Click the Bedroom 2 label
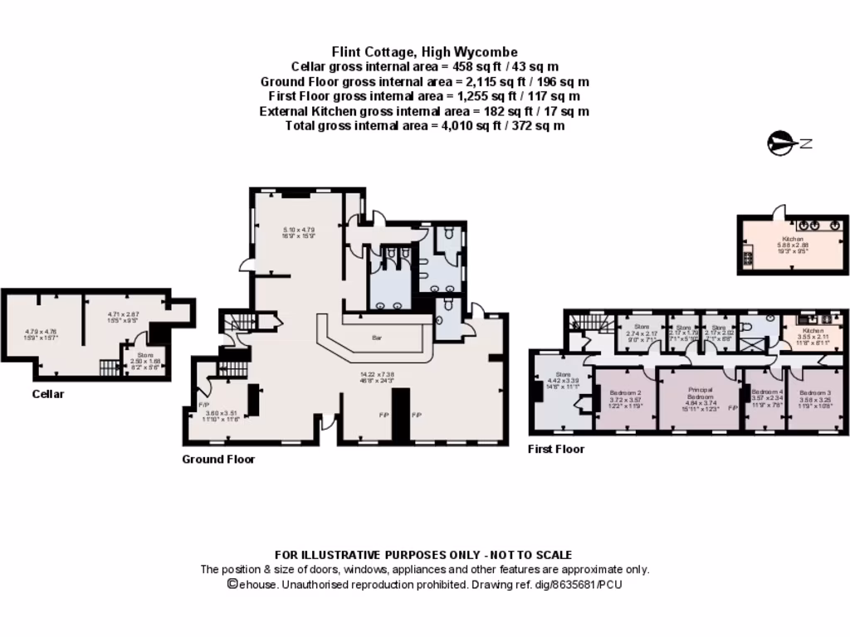tap(625, 392)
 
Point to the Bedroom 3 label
tap(813, 392)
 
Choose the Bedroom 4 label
tap(765, 392)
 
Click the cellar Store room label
tap(139, 356)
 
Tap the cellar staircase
tap(110, 367)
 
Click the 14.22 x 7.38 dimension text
tap(371, 374)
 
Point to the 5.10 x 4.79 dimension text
tap(299, 230)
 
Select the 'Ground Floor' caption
tap(218, 459)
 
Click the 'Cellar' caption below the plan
tap(47, 394)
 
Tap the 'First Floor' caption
tap(556, 449)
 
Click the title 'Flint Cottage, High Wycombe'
tap(424, 51)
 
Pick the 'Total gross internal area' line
tap(424, 126)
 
